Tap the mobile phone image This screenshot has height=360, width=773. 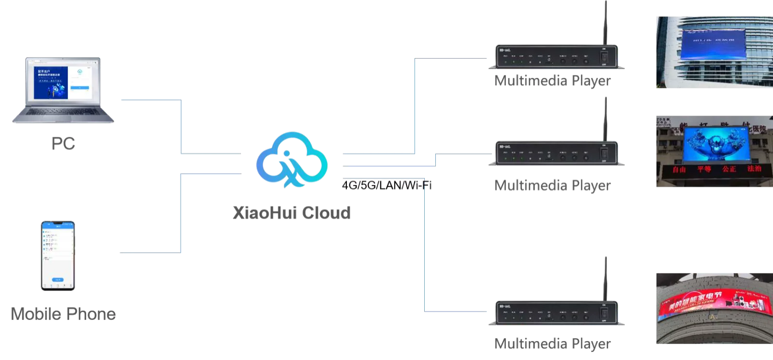click(x=58, y=256)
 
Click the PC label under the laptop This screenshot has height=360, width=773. click(x=64, y=143)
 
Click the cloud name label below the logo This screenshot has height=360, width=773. click(x=292, y=212)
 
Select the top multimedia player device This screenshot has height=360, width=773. click(x=556, y=57)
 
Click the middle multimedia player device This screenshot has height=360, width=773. click(x=556, y=153)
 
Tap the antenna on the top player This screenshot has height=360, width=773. click(x=605, y=22)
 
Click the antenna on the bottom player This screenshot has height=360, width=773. click(x=605, y=278)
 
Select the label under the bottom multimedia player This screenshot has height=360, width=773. click(x=551, y=344)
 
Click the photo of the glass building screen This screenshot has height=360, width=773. click(x=714, y=52)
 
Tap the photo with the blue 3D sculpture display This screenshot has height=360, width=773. click(x=714, y=151)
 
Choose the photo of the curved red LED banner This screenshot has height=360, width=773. click(x=714, y=308)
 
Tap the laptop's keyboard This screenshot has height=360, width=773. click(x=63, y=114)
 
